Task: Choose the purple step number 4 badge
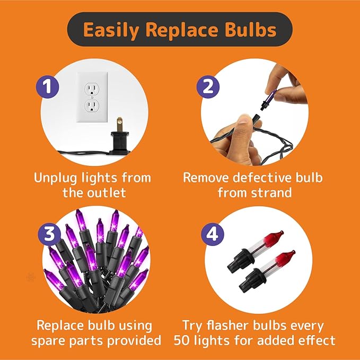coord(212,234)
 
